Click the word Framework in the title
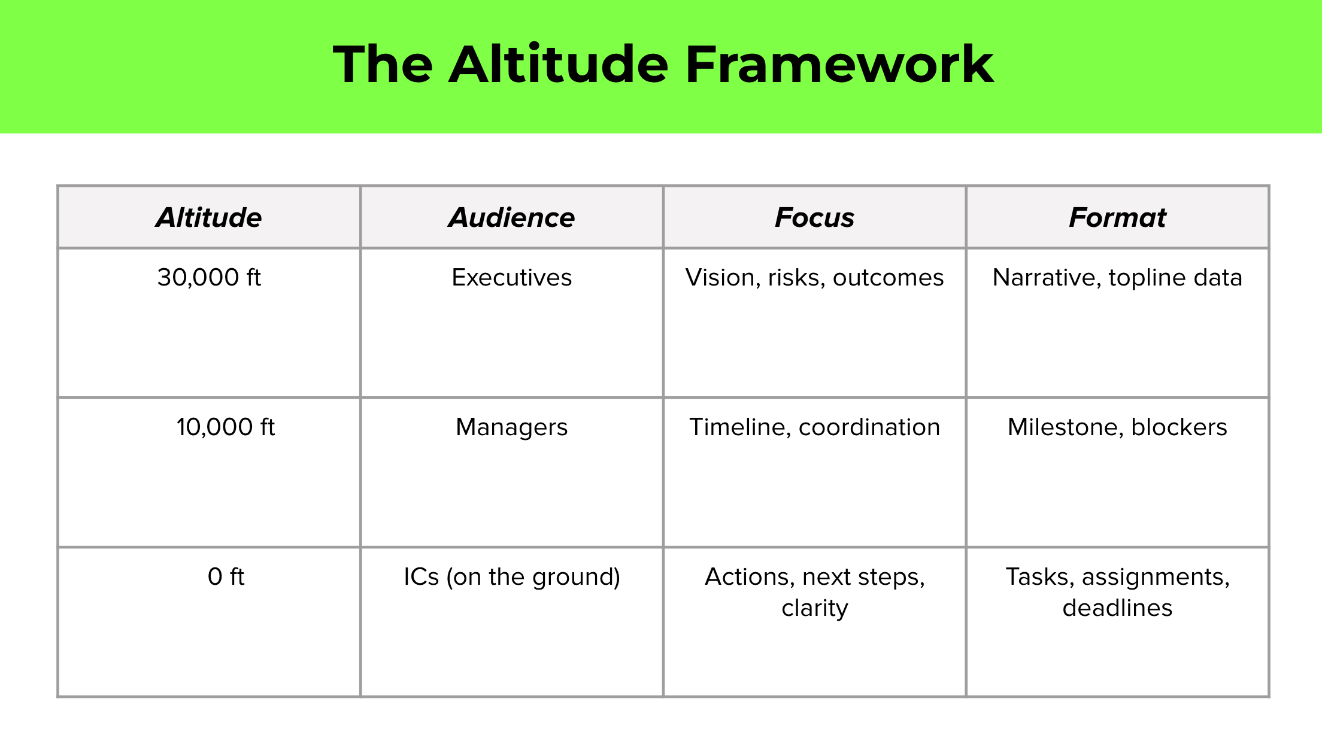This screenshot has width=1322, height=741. [x=839, y=65]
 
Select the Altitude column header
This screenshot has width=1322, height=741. [x=209, y=217]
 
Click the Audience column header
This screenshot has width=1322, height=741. [x=512, y=217]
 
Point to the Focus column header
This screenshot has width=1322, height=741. [x=814, y=217]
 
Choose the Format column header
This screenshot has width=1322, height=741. [x=1117, y=217]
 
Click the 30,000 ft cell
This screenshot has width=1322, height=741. [x=209, y=278]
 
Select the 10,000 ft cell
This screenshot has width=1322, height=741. [x=226, y=427]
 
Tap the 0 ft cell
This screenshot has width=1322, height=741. [x=226, y=577]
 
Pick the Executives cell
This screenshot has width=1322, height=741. [x=512, y=278]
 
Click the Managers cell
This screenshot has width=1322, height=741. [x=512, y=427]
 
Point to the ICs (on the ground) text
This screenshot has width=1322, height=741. [x=512, y=577]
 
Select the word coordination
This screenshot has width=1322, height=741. [x=869, y=427]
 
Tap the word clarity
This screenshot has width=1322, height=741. [x=815, y=608]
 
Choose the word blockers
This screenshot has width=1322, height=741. [x=1179, y=427]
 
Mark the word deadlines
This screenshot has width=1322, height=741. [x=1117, y=608]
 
